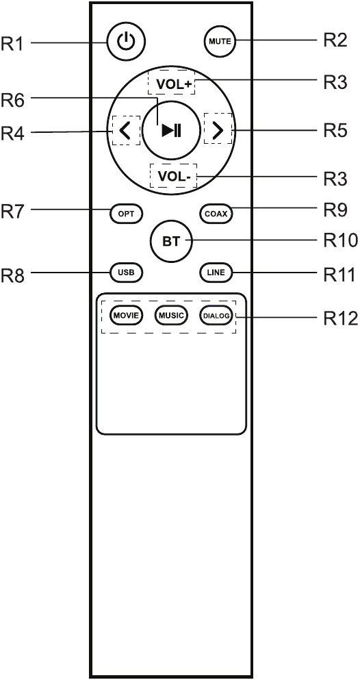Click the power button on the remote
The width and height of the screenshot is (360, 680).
click(126, 42)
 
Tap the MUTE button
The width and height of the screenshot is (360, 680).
click(220, 42)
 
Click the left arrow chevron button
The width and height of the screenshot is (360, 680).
click(125, 130)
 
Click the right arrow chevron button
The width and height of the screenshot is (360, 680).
click(218, 130)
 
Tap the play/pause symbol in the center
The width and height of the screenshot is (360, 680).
click(172, 130)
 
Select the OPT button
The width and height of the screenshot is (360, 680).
click(126, 214)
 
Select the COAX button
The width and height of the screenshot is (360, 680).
click(216, 214)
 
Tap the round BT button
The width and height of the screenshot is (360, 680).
click(171, 241)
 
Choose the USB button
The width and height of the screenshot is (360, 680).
click(126, 273)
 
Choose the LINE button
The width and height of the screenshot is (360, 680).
click(216, 273)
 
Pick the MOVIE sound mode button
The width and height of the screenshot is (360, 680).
click(126, 315)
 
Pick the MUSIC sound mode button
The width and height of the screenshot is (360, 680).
click(171, 315)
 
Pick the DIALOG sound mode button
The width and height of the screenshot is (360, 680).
click(216, 315)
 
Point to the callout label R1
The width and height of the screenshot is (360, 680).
click(12, 44)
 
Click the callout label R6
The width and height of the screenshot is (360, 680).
click(13, 101)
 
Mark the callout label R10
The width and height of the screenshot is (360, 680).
click(340, 240)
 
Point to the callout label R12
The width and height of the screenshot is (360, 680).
click(340, 318)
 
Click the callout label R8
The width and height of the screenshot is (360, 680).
click(13, 275)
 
